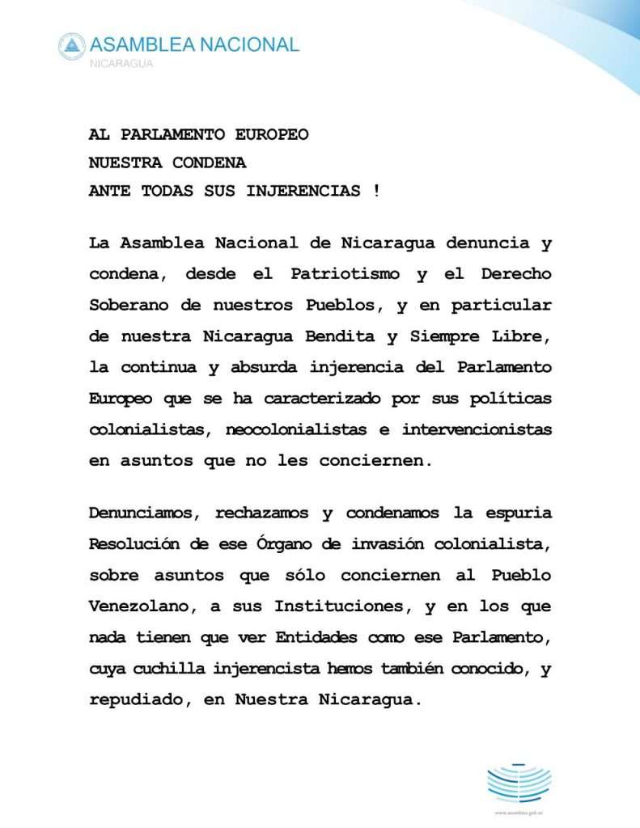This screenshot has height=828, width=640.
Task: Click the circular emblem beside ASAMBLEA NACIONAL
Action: [x=72, y=46]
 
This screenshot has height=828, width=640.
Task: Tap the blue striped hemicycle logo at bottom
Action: [x=519, y=780]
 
